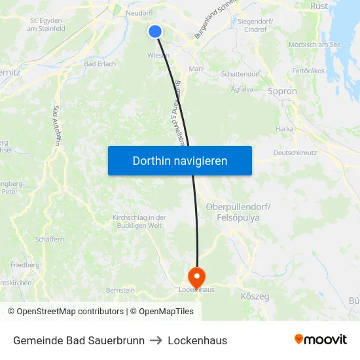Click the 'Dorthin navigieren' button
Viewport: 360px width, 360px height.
[180, 160]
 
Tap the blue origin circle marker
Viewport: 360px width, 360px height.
[155, 31]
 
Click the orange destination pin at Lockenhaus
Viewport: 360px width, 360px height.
[196, 276]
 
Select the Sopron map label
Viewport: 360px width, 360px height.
[282, 92]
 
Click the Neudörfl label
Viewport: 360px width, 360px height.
[138, 12]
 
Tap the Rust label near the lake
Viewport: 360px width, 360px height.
[319, 5]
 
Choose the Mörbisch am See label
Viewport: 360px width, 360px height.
[315, 45]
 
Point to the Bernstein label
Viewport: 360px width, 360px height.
[120, 290]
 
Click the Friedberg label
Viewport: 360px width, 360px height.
[25, 265]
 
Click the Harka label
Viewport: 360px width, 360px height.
[284, 129]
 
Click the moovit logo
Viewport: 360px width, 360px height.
[321, 340]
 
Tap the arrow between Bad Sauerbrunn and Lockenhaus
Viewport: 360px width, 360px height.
[156, 340]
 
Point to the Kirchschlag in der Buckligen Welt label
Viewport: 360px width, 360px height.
[139, 221]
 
